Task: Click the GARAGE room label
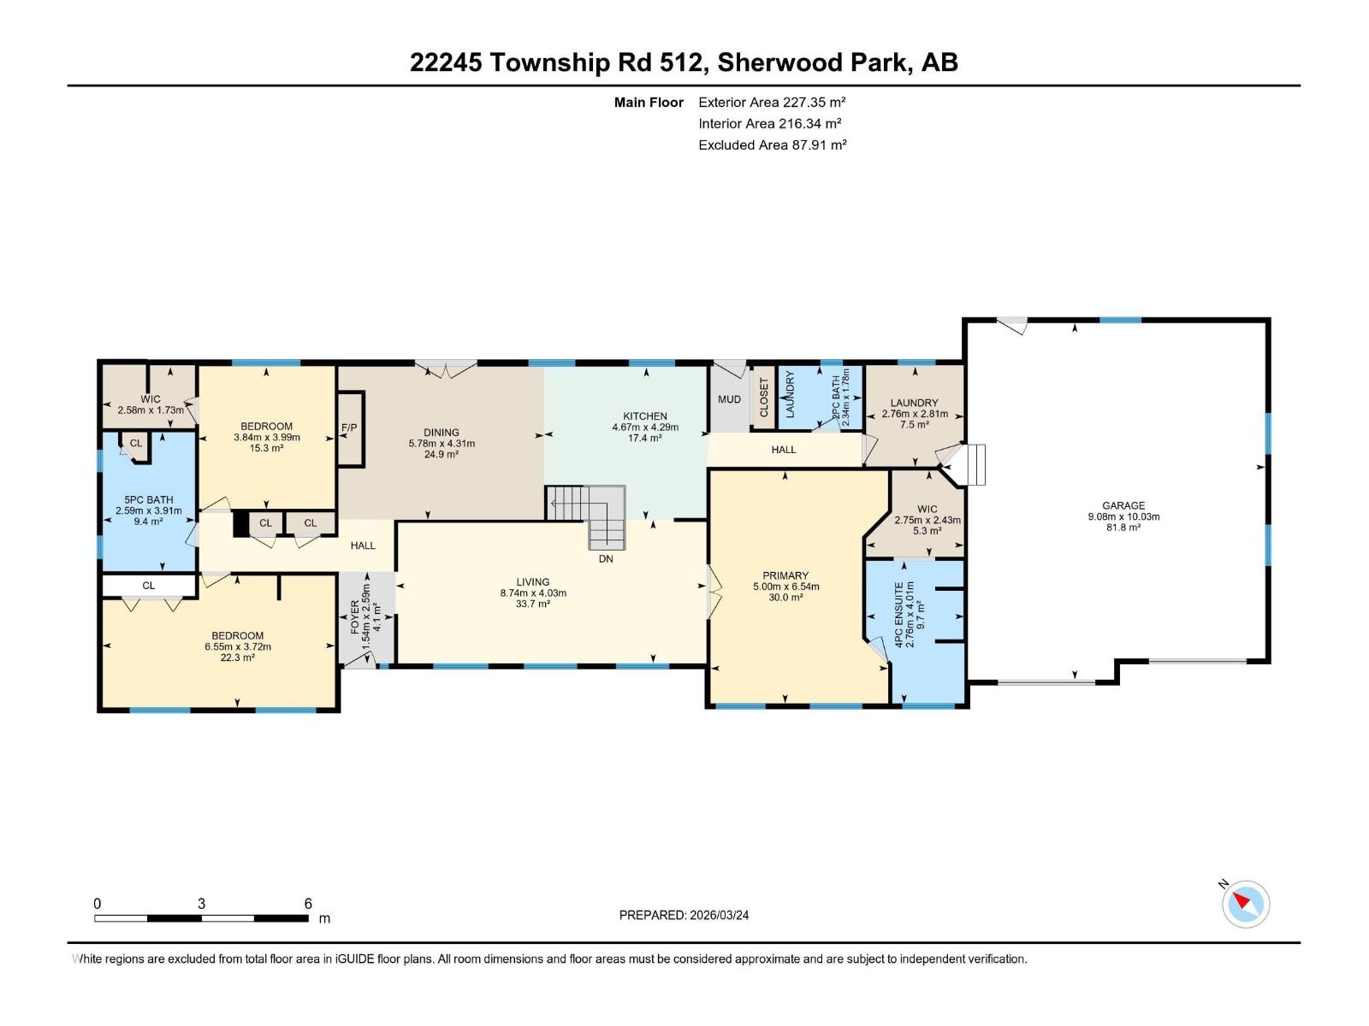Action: (x=1123, y=505)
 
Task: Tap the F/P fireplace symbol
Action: (x=349, y=428)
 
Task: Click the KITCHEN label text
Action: (x=644, y=416)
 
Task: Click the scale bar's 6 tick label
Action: (x=308, y=904)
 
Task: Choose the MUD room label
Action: (x=729, y=399)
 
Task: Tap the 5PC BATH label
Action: (x=148, y=500)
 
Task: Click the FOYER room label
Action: (x=356, y=616)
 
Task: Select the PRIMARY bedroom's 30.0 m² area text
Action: (x=785, y=598)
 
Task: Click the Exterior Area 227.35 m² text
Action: (x=772, y=102)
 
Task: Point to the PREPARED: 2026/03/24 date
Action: (x=684, y=915)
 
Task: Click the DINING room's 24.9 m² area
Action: (x=442, y=454)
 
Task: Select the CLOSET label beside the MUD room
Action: (x=764, y=397)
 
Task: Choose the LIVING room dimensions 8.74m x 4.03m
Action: (x=532, y=593)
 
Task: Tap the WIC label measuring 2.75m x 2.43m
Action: (x=927, y=509)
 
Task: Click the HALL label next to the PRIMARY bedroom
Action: (x=783, y=449)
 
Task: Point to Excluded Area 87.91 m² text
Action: (x=772, y=144)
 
